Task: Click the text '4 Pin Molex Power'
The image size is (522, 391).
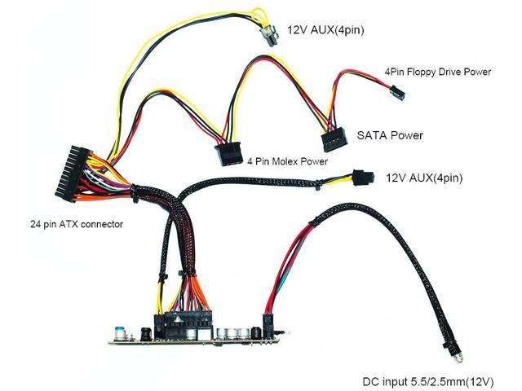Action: coord(288,162)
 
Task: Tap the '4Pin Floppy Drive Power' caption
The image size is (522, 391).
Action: coord(438,72)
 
